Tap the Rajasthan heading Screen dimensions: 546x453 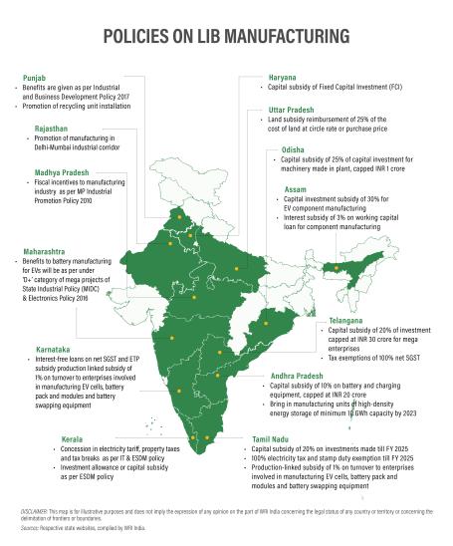coord(40,130)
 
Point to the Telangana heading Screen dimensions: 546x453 coord(347,323)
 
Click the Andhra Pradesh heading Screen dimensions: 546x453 coord(304,376)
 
